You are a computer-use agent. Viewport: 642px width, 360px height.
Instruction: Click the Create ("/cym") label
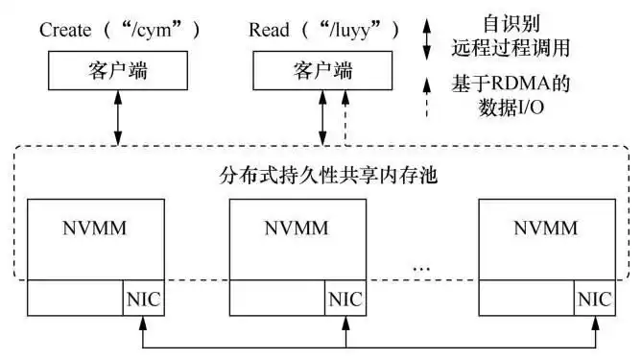[x=121, y=30]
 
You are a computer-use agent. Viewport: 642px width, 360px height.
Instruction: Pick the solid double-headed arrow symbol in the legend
[x=428, y=40]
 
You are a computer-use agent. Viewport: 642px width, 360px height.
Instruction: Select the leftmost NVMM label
[x=95, y=228]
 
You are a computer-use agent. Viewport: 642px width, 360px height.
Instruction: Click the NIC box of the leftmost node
[x=143, y=299]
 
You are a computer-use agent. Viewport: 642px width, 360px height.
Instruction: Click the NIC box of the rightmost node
[x=594, y=299]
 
